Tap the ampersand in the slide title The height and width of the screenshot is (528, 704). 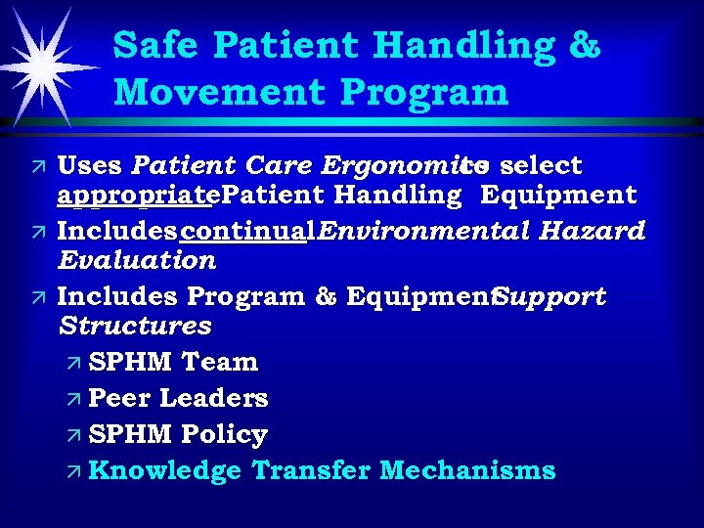[585, 47]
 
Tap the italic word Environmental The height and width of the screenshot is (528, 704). [414, 230]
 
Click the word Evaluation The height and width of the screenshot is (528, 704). [136, 261]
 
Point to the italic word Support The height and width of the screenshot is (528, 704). [550, 295]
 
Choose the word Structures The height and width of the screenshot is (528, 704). [134, 326]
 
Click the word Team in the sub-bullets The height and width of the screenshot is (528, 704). [219, 362]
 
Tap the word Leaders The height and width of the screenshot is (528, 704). [213, 398]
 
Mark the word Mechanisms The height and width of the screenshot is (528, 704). [467, 470]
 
